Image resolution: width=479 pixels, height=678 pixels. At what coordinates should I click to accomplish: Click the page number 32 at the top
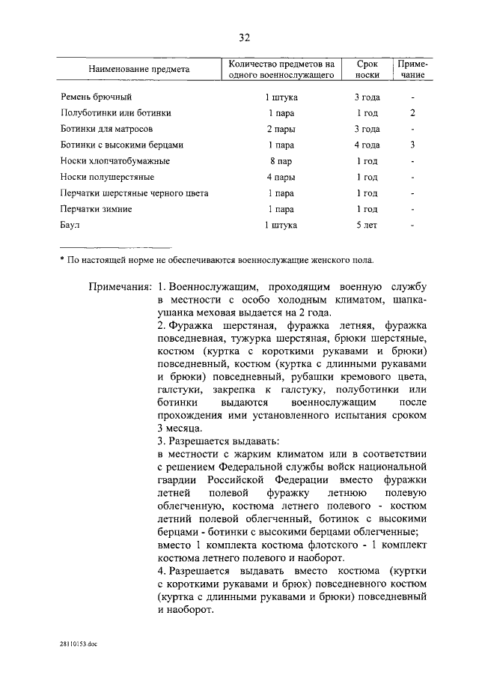click(x=244, y=38)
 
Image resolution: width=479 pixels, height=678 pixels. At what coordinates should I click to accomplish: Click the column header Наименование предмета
click(x=138, y=70)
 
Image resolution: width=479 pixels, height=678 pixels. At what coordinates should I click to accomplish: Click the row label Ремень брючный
click(x=96, y=97)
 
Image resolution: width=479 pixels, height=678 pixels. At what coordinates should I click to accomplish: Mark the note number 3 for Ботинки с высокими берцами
click(x=412, y=145)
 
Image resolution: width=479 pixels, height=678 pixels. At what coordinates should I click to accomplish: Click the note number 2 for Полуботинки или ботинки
click(x=412, y=113)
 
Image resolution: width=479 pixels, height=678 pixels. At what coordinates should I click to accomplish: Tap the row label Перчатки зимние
click(x=96, y=209)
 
